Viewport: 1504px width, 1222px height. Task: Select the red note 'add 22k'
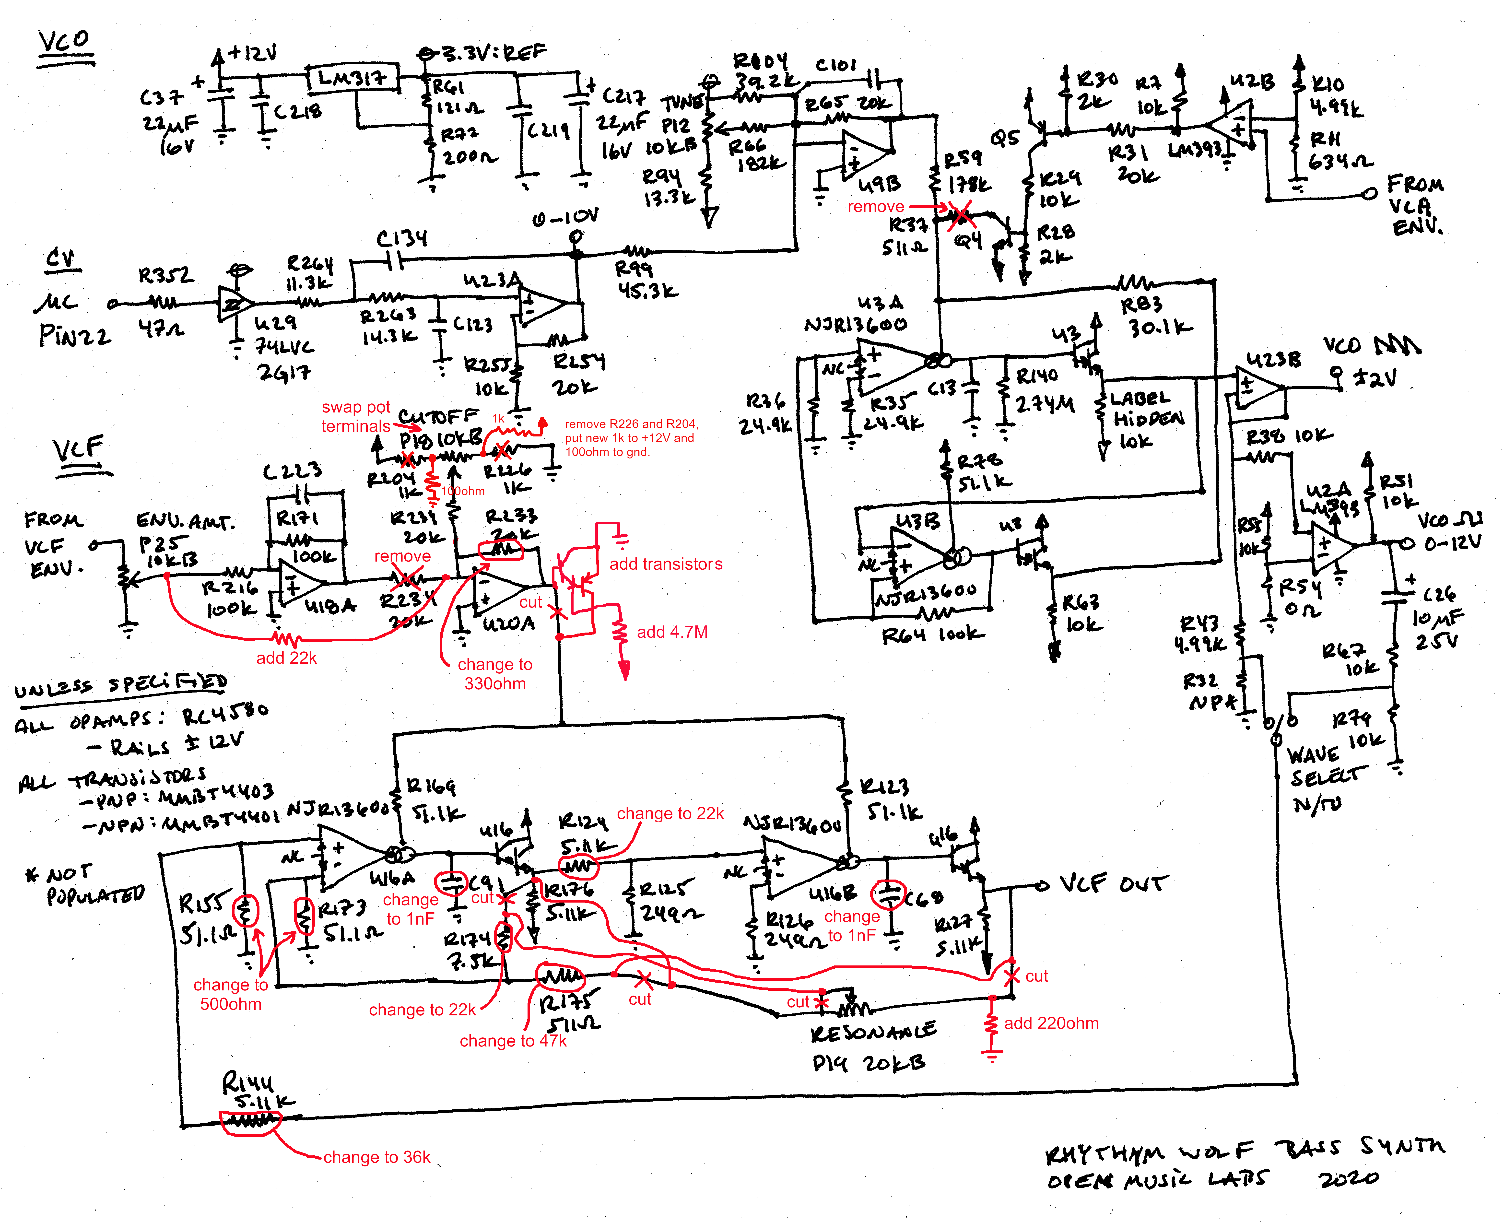click(x=286, y=658)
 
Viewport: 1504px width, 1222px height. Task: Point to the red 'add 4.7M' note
click(x=672, y=632)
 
